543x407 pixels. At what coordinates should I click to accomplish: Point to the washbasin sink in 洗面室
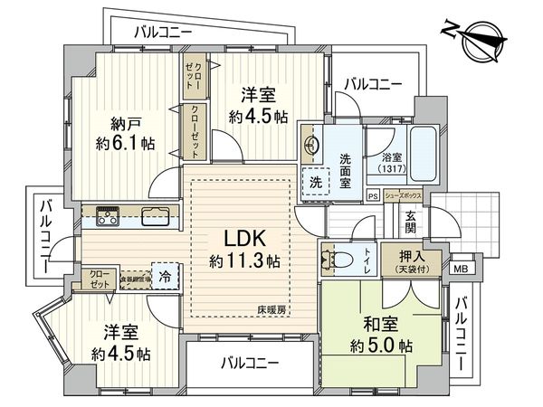(311, 146)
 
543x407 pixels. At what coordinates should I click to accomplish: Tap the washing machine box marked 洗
(315, 179)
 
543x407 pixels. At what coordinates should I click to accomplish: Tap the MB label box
(461, 268)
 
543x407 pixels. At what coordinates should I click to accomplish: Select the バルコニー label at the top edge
(163, 31)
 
